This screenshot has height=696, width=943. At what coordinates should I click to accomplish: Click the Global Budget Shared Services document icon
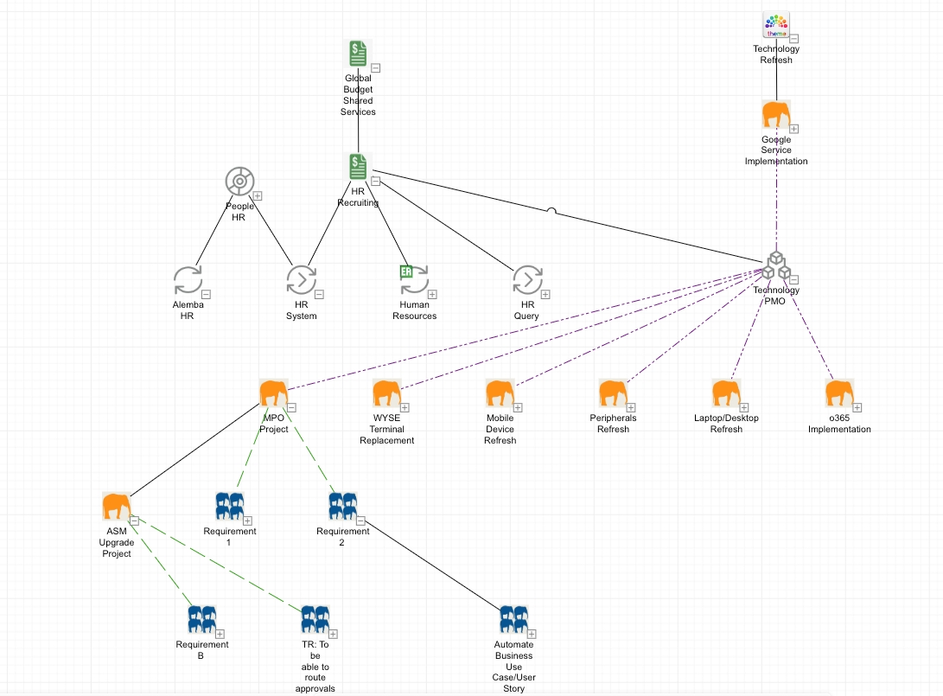point(358,54)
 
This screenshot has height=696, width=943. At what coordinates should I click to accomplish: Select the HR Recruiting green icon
point(358,167)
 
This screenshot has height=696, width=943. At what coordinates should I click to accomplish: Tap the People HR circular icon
point(239,182)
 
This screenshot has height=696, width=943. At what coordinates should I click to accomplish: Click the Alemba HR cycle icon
point(188,280)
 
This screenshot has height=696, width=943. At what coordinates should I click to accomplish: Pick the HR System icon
point(302,280)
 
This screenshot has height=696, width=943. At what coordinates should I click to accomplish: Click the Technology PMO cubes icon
point(776,267)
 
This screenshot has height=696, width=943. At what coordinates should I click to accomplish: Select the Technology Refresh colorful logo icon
point(776,26)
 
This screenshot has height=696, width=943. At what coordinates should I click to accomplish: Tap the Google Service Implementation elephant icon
point(776,115)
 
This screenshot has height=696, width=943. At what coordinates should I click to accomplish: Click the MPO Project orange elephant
point(273,393)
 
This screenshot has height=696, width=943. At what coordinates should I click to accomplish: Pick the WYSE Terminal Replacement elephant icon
point(386,393)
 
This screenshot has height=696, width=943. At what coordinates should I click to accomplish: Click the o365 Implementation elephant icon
point(839,393)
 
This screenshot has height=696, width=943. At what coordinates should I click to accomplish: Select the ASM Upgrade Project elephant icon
point(116,507)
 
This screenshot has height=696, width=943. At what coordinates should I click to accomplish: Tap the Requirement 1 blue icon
point(229,506)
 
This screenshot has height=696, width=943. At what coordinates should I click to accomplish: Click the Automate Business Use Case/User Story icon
point(513,619)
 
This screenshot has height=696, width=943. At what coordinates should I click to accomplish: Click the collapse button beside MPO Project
point(292,407)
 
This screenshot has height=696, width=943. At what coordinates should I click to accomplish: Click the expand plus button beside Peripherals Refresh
point(631,407)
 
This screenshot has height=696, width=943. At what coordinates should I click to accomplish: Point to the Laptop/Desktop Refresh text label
point(726,424)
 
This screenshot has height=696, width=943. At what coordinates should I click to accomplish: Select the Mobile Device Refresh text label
point(500,429)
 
